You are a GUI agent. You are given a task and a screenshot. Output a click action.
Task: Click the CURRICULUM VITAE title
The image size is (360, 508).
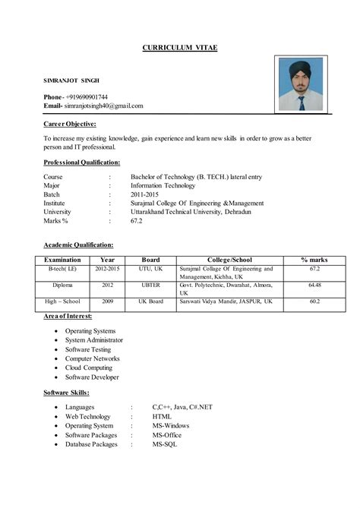(180, 48)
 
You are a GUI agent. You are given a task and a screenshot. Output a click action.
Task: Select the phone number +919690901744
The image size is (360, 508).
(87, 96)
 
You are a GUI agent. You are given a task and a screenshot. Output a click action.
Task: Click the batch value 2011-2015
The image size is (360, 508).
(146, 194)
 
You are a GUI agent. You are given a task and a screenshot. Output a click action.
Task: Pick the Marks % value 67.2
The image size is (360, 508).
(137, 221)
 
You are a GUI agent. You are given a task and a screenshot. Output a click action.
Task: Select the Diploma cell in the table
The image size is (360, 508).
(62, 285)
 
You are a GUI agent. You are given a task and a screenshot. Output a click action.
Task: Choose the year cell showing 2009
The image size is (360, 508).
(107, 301)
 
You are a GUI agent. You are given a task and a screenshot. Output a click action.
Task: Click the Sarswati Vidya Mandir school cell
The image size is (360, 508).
(226, 301)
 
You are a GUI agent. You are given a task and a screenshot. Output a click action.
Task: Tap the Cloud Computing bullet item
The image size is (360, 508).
(89, 368)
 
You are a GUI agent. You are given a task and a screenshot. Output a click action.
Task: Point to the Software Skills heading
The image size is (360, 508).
(67, 392)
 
